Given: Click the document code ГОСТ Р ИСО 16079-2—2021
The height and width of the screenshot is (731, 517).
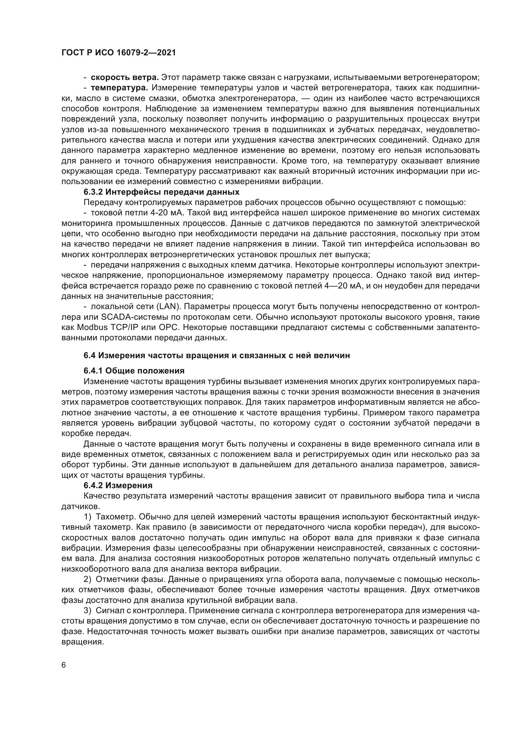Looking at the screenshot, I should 118,53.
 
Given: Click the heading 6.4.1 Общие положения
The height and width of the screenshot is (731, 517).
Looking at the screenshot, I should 134,371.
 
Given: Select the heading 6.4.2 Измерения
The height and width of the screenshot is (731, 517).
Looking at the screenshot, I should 118,486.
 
